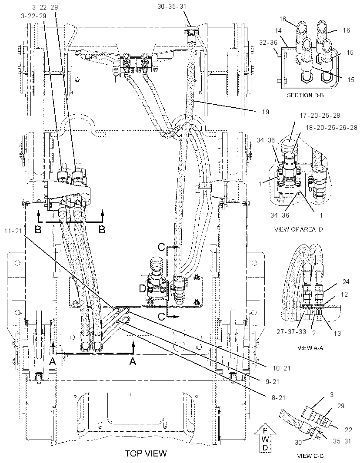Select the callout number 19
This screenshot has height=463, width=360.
[265, 112]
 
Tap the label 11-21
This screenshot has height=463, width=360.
[13, 231]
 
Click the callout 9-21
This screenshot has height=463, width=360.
[272, 381]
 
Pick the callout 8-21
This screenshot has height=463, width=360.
[278, 398]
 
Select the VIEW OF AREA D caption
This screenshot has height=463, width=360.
[299, 229]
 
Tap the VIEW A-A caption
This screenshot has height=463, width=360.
[310, 348]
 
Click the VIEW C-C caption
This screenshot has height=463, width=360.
[309, 456]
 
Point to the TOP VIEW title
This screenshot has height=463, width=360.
[146, 453]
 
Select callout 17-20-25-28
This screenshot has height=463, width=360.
[315, 115]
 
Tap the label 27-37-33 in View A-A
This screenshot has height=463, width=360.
[291, 331]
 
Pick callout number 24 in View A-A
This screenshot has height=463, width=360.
[346, 282]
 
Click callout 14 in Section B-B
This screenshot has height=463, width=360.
[278, 31]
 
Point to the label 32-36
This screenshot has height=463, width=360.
[269, 43]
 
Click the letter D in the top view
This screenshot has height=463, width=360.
[143, 288]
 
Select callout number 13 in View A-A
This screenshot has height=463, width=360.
[337, 334]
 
